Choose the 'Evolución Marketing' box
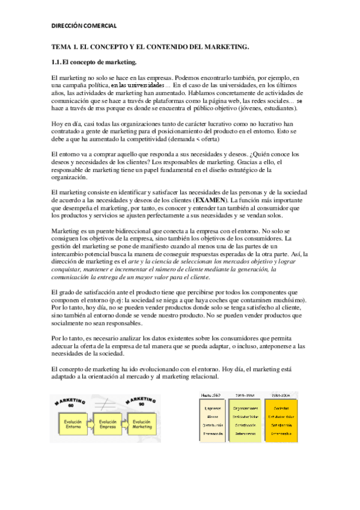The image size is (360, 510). click(x=142, y=425)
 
